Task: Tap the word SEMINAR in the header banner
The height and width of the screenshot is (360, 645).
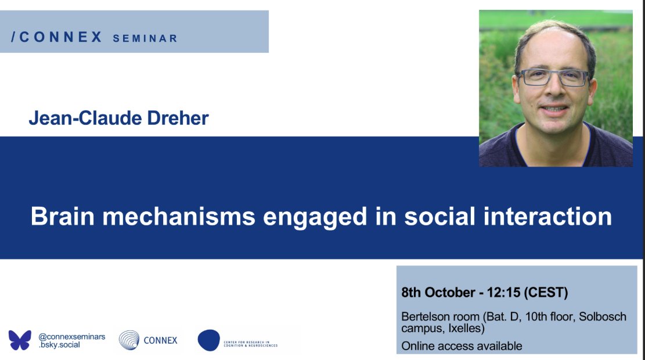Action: pyautogui.click(x=145, y=38)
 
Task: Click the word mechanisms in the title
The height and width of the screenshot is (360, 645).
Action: pyautogui.click(x=176, y=217)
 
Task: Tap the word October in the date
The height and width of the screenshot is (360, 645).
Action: pyautogui.click(x=449, y=292)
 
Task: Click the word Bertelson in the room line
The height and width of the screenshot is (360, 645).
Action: pyautogui.click(x=427, y=317)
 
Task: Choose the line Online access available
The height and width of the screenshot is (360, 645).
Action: pyautogui.click(x=462, y=346)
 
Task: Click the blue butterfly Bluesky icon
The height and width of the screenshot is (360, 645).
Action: pyautogui.click(x=20, y=340)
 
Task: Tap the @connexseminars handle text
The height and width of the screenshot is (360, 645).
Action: pyautogui.click(x=71, y=336)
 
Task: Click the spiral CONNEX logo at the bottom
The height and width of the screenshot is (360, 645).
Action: pyautogui.click(x=129, y=340)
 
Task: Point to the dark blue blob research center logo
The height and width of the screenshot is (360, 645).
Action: pyautogui.click(x=209, y=340)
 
